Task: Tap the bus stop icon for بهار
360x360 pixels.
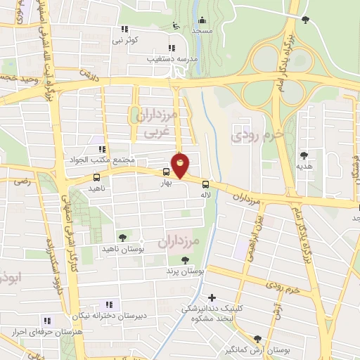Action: pyautogui.click(x=167, y=171)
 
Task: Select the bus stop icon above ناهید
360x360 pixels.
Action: pyautogui.click(x=96, y=177)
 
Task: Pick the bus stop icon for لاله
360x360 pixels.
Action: pyautogui.click(x=205, y=185)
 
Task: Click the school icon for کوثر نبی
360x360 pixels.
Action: pyautogui.click(x=124, y=29)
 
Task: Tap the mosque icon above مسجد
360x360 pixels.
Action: pyautogui.click(x=202, y=20)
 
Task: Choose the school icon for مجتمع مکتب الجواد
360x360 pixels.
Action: pyautogui.click(x=101, y=148)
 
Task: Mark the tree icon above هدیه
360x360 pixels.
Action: pyautogui.click(x=304, y=155)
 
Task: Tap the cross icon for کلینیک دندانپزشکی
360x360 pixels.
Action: pyautogui.click(x=212, y=297)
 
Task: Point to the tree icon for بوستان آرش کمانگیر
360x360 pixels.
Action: pyautogui.click(x=257, y=338)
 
